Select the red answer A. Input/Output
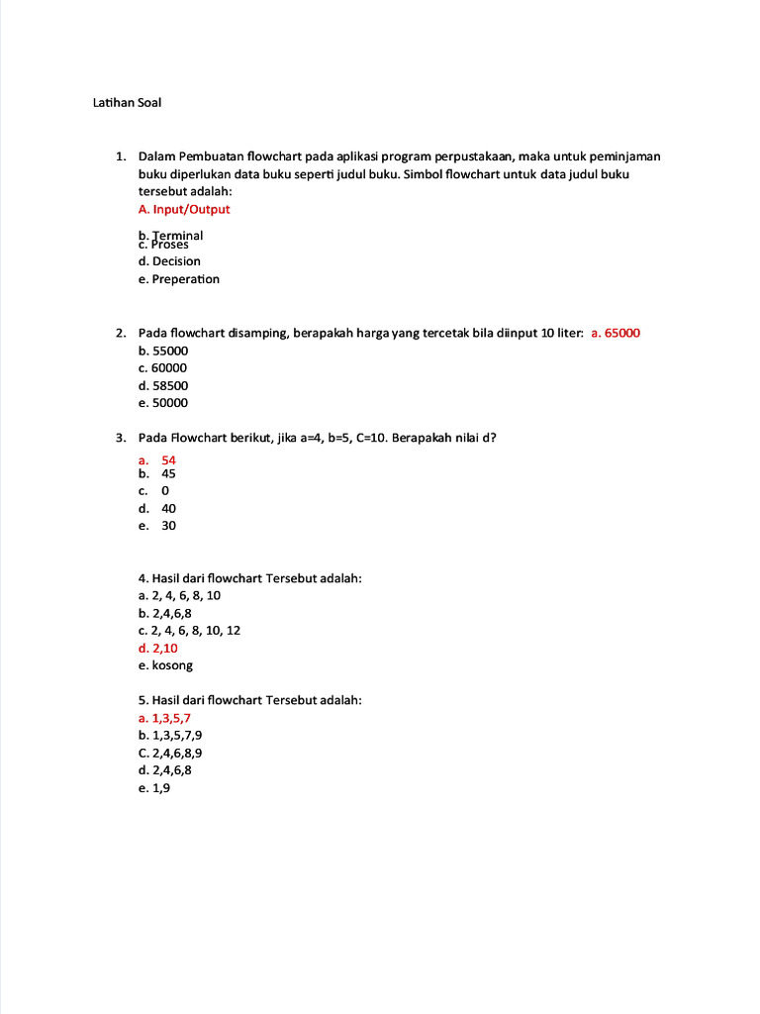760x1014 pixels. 184,210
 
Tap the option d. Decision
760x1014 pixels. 169,261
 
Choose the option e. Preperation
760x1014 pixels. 179,279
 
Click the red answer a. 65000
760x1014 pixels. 616,333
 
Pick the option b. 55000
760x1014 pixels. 163,351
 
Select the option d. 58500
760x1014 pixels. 163,385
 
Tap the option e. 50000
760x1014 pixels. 163,403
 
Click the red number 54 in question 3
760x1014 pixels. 168,460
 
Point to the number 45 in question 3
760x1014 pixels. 168,473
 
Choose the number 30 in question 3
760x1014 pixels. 168,526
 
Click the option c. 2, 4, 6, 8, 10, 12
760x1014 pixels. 189,630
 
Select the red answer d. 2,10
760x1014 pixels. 158,648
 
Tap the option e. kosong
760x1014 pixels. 165,665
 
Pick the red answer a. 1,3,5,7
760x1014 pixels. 164,718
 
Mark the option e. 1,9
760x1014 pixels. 154,788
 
